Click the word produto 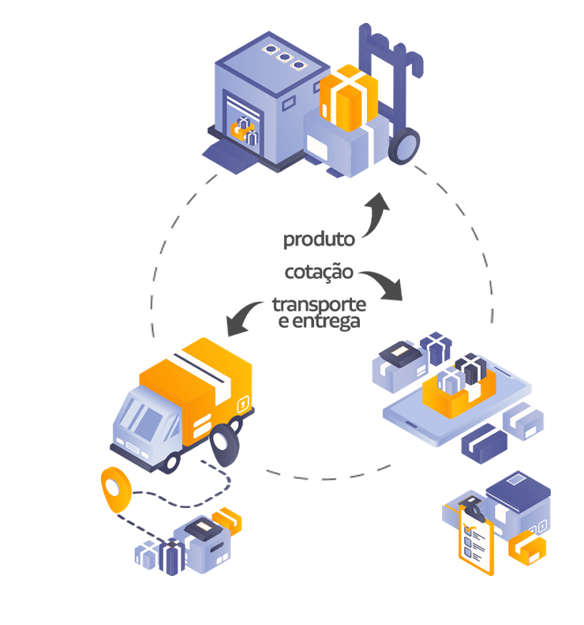pyautogui.click(x=319, y=239)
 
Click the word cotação pyautogui.click(x=319, y=273)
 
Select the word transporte pyautogui.click(x=320, y=305)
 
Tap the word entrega pyautogui.click(x=326, y=322)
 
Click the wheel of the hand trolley pyautogui.click(x=403, y=146)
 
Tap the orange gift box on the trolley pyautogui.click(x=349, y=98)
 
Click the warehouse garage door pyautogui.click(x=243, y=124)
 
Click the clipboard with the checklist pyautogui.click(x=476, y=538)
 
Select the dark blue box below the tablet pyautogui.click(x=484, y=443)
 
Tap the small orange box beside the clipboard pyautogui.click(x=527, y=548)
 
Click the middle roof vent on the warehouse pyautogui.click(x=285, y=57)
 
